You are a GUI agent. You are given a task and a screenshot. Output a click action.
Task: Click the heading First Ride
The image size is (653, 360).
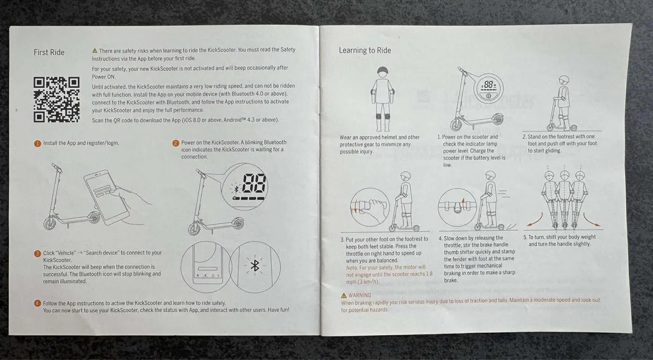click(49, 52)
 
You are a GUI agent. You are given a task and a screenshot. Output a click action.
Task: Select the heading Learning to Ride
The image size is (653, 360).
click(365, 51)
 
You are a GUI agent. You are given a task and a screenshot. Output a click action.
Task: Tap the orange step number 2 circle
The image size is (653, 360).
click(176, 144)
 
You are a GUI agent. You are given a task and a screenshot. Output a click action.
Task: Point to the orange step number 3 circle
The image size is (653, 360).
click(38, 253)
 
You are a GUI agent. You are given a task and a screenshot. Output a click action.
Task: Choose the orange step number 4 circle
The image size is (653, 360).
click(38, 303)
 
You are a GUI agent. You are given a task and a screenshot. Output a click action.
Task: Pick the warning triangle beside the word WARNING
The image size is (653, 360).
click(344, 295)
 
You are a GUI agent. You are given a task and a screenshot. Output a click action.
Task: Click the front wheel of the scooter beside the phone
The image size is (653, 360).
click(51, 224)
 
